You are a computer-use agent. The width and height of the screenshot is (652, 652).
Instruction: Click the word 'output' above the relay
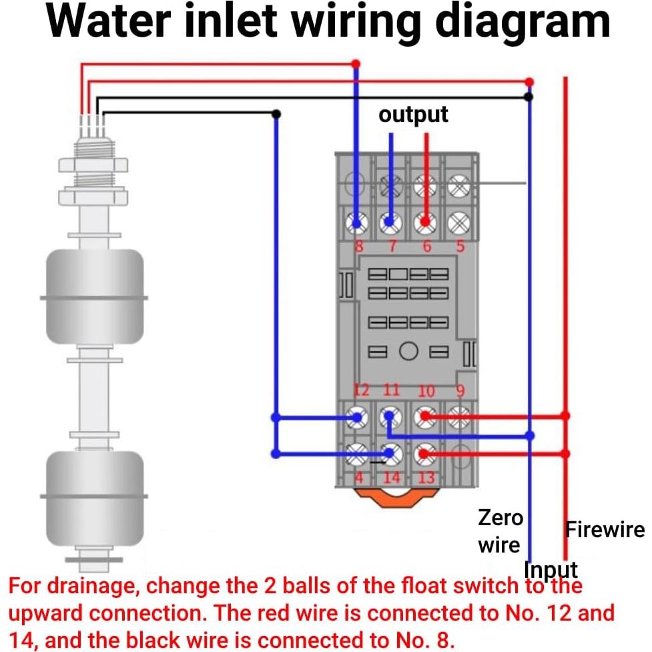[x=413, y=114]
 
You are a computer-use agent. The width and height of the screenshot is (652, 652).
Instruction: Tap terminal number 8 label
[x=358, y=247]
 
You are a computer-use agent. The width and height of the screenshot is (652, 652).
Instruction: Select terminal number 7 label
[x=392, y=247]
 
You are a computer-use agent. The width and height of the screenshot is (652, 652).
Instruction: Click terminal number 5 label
[x=459, y=247]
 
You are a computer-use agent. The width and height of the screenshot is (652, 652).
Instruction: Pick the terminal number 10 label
[x=426, y=391]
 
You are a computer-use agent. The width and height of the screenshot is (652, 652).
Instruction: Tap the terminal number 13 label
[x=426, y=478]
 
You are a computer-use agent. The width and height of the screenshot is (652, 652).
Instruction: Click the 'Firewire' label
[x=605, y=530]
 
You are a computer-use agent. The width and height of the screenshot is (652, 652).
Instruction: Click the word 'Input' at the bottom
[x=551, y=570]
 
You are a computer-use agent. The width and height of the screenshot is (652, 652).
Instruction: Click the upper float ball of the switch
[x=93, y=296]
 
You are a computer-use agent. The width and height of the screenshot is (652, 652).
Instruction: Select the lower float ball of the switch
[x=93, y=497]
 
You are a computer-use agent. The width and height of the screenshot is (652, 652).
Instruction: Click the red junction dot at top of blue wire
[x=356, y=64]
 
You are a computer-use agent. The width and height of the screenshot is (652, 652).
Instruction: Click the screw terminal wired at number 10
[x=424, y=417]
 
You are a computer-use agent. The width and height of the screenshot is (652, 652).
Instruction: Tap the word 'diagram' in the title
[x=523, y=21]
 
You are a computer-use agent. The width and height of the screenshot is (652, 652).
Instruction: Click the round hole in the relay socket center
[x=409, y=351]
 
